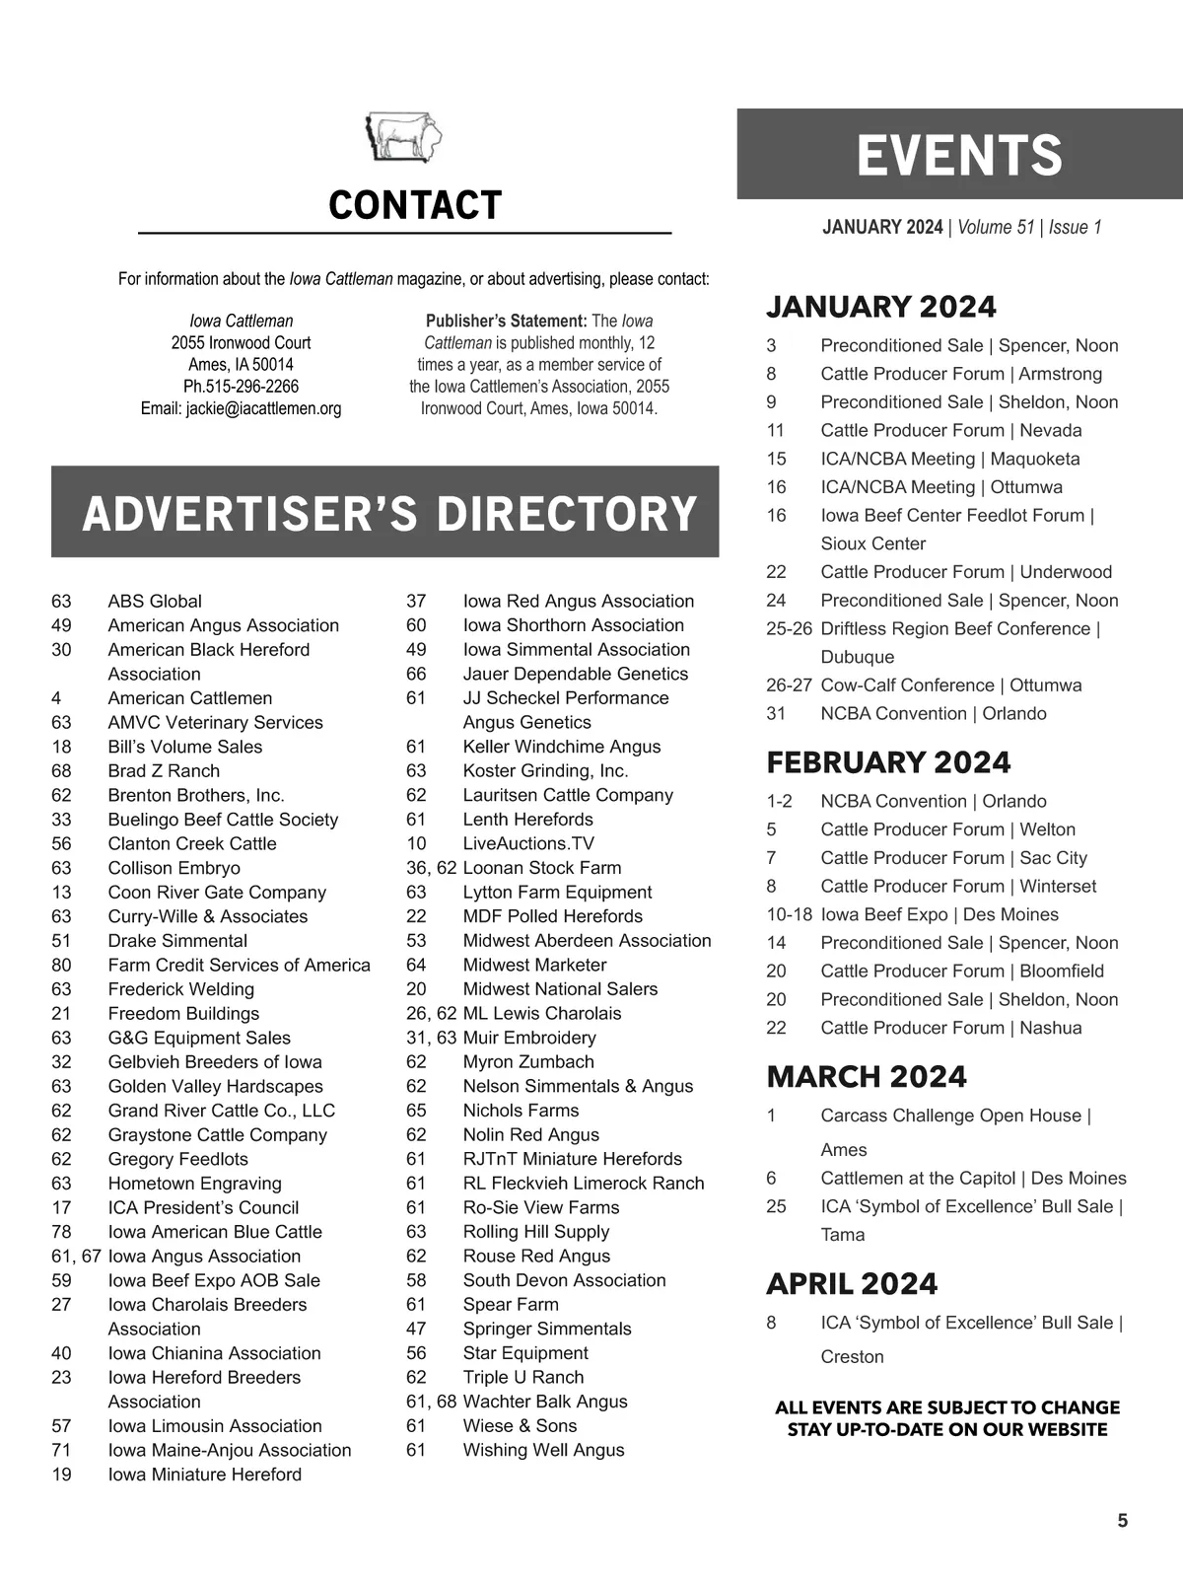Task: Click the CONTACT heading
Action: coord(415,206)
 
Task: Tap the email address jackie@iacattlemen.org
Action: coord(263,408)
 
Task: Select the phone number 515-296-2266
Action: coord(250,387)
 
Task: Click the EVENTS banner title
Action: coord(959,156)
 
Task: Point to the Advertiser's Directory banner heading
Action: coord(389,514)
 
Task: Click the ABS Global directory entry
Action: coord(155,601)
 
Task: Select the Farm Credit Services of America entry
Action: coord(239,965)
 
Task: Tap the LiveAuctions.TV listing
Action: coord(528,843)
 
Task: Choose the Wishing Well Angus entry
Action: coord(543,1450)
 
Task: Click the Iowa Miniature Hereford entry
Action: coord(204,1475)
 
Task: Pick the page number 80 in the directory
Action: coord(61,965)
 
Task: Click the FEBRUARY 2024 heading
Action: coord(888,762)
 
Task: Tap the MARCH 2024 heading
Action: coord(867,1076)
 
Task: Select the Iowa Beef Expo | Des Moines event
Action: coord(939,914)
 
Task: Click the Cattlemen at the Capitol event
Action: coord(972,1178)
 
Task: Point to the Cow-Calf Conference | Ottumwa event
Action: coord(950,685)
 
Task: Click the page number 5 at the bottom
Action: coord(1122,1521)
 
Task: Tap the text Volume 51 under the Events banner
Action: coord(996,228)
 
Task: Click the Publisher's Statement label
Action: coord(506,322)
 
